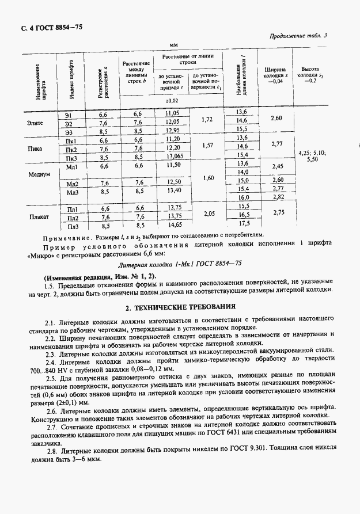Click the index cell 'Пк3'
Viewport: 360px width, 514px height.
[73, 157]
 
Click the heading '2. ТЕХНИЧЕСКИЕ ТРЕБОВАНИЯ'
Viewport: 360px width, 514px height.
[180, 308]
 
